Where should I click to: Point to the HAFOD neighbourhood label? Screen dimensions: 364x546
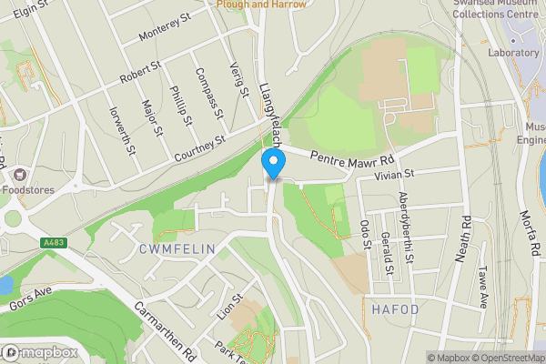click(395, 309)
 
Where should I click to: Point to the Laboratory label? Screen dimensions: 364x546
click(512, 53)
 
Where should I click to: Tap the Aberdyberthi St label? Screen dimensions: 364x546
click(407, 227)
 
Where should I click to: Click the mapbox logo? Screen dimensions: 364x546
click(38, 352)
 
